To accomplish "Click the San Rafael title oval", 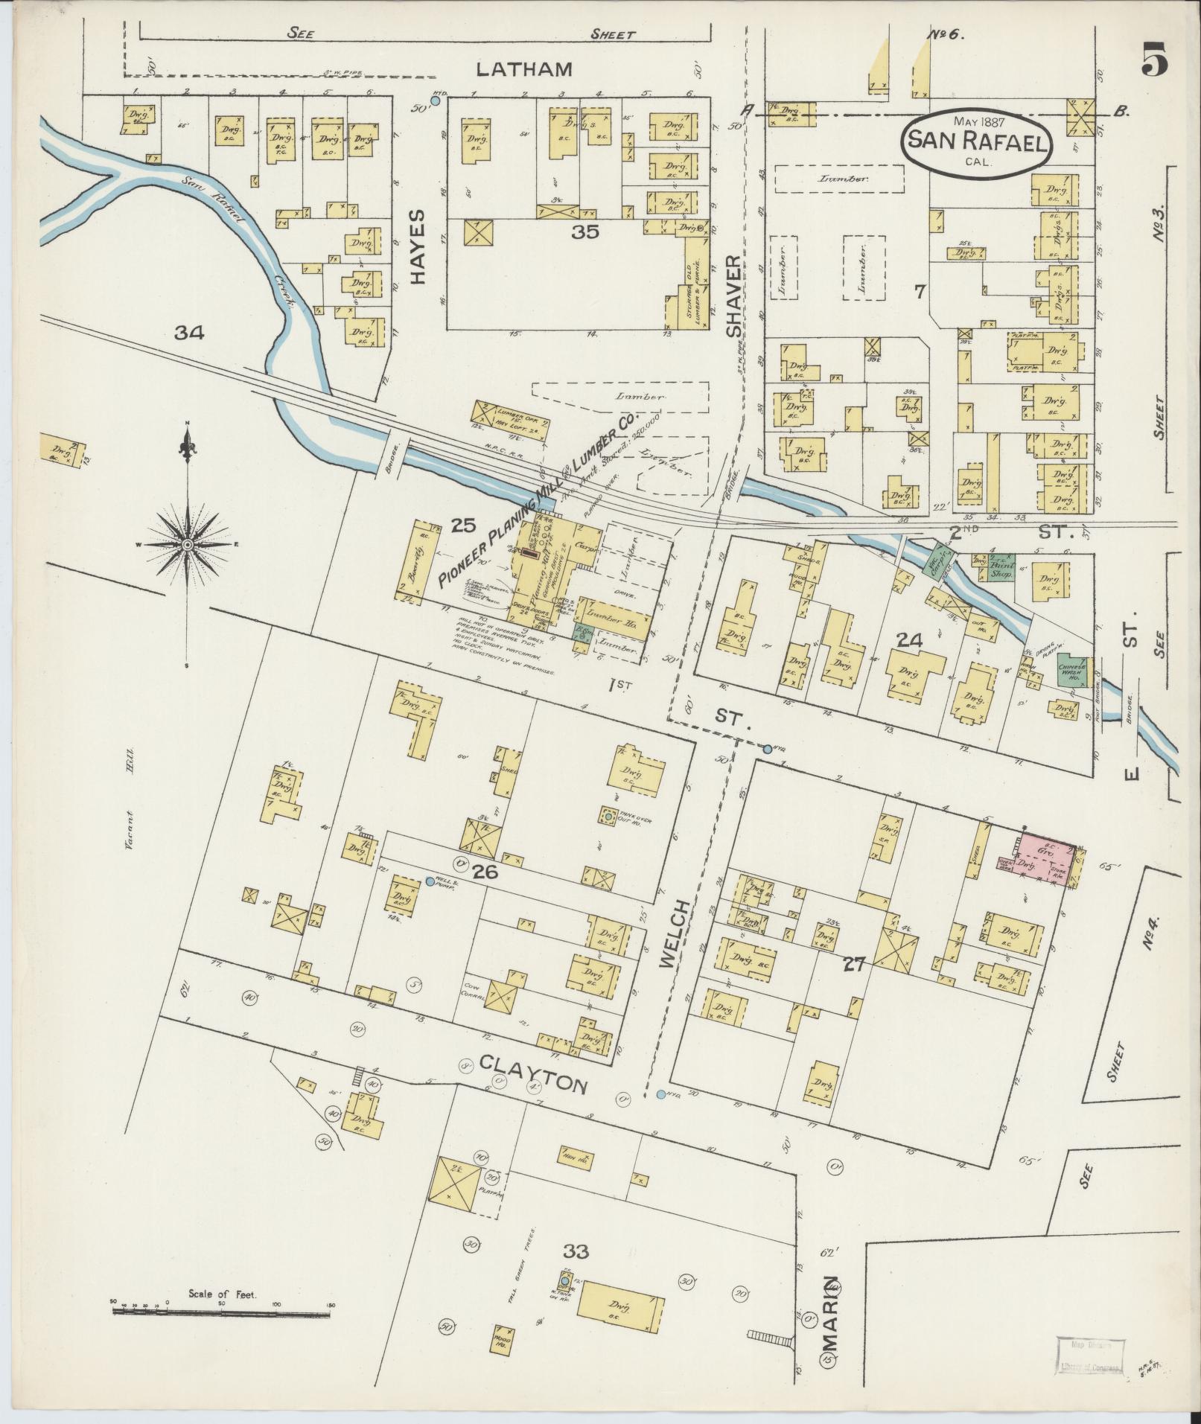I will [x=976, y=141].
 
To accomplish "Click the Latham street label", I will [x=524, y=69].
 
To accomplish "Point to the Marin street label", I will [x=830, y=1298].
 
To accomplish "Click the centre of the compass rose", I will [x=188, y=545].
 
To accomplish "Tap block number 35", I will [x=585, y=232].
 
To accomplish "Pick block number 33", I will [x=576, y=1252].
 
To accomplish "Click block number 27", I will [x=853, y=965].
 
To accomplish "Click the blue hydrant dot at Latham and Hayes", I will [x=436, y=100].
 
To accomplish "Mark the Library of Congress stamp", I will [x=1088, y=1353].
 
